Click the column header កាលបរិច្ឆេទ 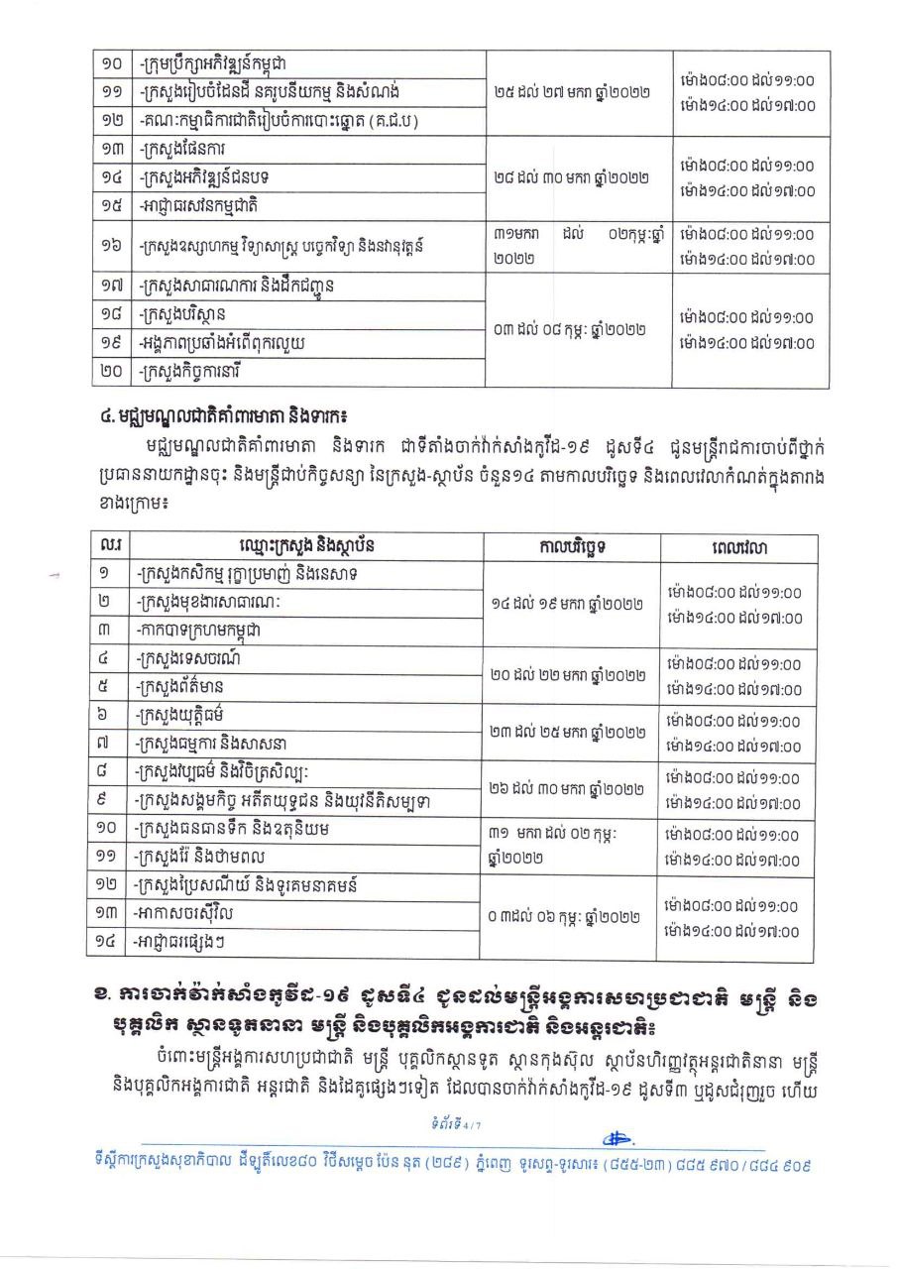(574, 546)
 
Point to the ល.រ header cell (107, 546)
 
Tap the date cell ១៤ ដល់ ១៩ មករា (574, 603)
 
